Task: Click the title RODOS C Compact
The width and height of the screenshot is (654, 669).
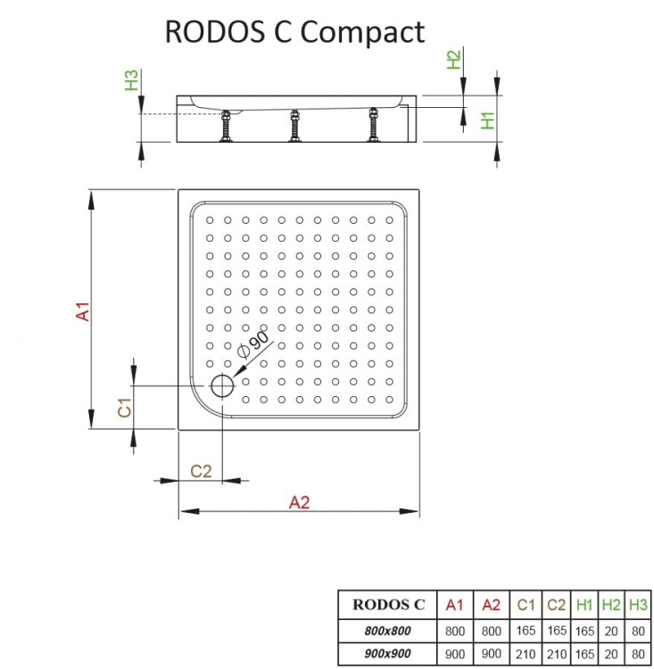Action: (294, 31)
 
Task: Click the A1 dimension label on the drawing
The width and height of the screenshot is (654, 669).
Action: (82, 312)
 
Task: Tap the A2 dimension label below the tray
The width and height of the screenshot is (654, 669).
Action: (299, 501)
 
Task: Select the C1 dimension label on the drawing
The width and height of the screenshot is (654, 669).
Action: (126, 408)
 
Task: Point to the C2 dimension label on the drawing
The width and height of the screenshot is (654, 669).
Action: (201, 470)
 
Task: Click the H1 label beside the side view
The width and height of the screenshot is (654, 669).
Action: (488, 120)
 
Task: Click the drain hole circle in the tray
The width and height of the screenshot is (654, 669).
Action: (221, 386)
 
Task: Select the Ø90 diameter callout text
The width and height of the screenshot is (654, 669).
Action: (252, 343)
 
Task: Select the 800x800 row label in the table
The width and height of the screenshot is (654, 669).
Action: (388, 630)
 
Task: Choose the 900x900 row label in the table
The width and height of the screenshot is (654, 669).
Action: (388, 653)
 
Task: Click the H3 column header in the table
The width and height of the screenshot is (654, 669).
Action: (637, 604)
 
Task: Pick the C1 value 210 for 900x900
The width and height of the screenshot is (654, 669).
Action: (526, 653)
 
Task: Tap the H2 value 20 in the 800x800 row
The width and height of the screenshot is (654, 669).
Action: (612, 630)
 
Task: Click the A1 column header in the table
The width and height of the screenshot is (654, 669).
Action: (454, 604)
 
